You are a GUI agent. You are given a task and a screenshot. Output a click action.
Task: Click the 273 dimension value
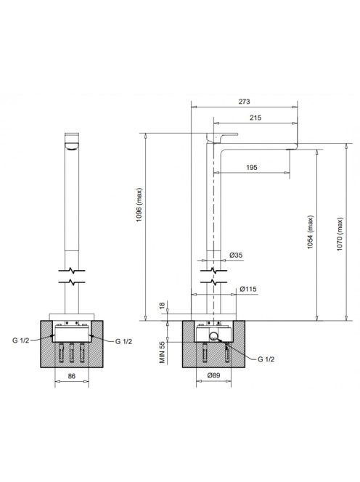[x=244, y=102]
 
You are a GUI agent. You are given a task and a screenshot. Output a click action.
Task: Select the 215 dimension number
[x=255, y=118]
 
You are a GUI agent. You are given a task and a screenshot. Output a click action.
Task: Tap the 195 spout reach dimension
[x=251, y=168]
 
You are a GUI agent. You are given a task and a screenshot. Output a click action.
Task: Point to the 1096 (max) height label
[x=140, y=205]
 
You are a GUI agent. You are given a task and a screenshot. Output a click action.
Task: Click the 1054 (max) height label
[x=311, y=232]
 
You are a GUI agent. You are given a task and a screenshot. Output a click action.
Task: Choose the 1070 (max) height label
[x=340, y=234]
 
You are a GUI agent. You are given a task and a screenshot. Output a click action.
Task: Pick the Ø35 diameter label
[x=236, y=255]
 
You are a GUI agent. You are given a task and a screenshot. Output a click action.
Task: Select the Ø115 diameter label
[x=248, y=289]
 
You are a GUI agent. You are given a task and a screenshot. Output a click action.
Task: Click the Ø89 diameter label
[x=213, y=375]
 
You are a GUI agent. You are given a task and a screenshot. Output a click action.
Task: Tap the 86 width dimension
[x=71, y=376]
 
